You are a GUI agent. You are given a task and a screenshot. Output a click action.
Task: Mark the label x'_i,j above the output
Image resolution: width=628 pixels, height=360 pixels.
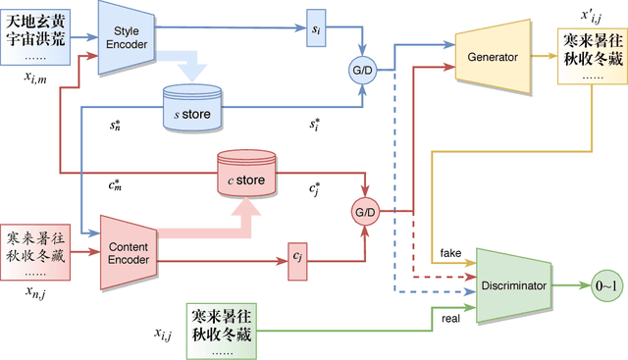tap(589, 16)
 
